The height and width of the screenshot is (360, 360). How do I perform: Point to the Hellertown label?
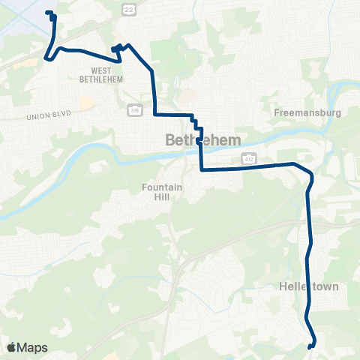(308, 286)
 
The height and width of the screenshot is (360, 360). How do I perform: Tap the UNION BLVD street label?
(48, 116)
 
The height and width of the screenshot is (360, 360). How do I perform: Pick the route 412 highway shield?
(247, 158)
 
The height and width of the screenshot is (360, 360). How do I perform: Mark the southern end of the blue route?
(310, 345)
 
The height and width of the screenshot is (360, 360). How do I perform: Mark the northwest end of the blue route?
(49, 13)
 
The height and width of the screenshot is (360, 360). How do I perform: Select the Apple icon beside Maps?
(11, 346)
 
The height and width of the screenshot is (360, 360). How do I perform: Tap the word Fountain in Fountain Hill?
(161, 187)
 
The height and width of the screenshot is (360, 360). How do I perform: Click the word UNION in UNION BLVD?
(38, 116)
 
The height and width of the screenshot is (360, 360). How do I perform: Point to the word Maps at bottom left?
(32, 347)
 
